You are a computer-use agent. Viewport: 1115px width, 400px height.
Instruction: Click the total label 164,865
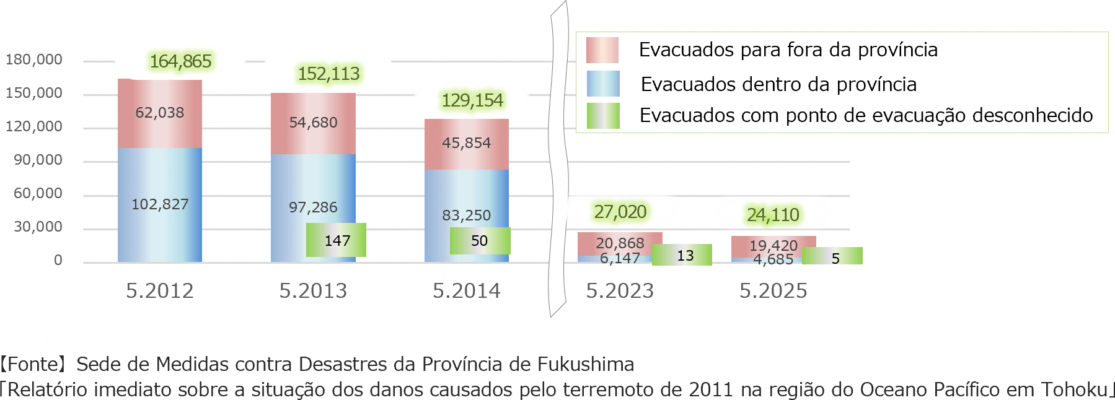(x=180, y=61)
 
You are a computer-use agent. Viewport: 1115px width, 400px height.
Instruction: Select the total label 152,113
(x=328, y=74)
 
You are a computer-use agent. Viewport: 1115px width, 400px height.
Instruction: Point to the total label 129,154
(x=472, y=100)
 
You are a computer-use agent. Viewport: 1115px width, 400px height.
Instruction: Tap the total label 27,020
(x=620, y=212)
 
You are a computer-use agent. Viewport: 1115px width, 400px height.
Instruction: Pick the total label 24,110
(x=773, y=215)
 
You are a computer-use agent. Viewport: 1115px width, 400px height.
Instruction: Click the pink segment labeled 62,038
(x=160, y=113)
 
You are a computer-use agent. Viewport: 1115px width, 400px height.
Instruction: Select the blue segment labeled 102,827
(x=160, y=204)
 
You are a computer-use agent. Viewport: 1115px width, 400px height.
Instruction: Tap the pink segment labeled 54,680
(x=313, y=123)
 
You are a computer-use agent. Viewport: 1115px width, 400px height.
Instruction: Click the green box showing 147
(x=337, y=240)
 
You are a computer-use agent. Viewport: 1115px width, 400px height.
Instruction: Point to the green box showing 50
(x=480, y=241)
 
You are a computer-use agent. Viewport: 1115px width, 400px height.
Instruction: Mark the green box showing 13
(x=682, y=255)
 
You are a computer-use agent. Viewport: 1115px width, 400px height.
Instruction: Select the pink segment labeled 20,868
(x=620, y=243)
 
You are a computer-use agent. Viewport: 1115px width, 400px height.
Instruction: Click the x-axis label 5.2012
(x=160, y=290)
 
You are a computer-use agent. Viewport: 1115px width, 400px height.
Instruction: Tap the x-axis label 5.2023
(x=620, y=290)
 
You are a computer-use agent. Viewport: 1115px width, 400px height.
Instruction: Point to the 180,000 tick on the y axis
(x=34, y=59)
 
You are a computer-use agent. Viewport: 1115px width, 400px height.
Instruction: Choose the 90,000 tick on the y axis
(x=38, y=160)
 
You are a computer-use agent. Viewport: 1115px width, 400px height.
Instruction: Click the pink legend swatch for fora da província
(x=602, y=50)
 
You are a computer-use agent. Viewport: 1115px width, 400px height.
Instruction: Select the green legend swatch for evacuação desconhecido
(x=603, y=116)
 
